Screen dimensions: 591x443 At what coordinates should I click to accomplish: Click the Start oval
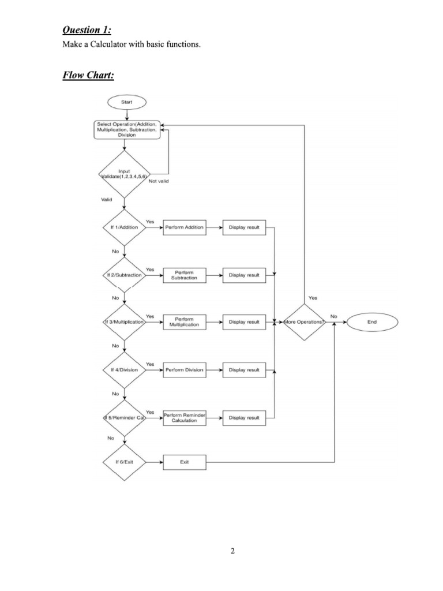tap(126, 102)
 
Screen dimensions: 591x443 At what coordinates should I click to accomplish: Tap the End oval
tap(371, 322)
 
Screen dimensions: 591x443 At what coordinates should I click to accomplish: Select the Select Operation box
tap(126, 130)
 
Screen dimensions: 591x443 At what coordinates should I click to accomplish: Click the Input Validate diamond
tap(124, 173)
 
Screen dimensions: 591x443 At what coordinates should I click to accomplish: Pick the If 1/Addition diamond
tap(124, 227)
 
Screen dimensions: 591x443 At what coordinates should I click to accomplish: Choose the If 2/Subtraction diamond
tap(124, 275)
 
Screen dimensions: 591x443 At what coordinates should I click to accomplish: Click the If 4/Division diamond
tap(124, 369)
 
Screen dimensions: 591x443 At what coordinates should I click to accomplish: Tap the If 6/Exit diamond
tap(124, 462)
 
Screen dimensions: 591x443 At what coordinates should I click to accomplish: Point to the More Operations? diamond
tap(303, 322)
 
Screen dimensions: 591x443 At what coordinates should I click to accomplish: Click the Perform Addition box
tap(185, 227)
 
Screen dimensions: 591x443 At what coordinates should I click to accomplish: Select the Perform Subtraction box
tap(185, 275)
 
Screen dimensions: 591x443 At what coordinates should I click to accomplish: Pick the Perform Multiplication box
tap(185, 322)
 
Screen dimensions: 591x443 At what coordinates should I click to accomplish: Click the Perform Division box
tap(185, 369)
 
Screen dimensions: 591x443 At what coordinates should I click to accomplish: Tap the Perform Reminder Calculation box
tap(185, 417)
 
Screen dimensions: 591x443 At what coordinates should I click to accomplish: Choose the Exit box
tap(185, 462)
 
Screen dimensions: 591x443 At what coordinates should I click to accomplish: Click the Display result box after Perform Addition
tap(244, 227)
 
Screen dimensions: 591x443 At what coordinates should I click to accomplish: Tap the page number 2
tap(232, 551)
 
